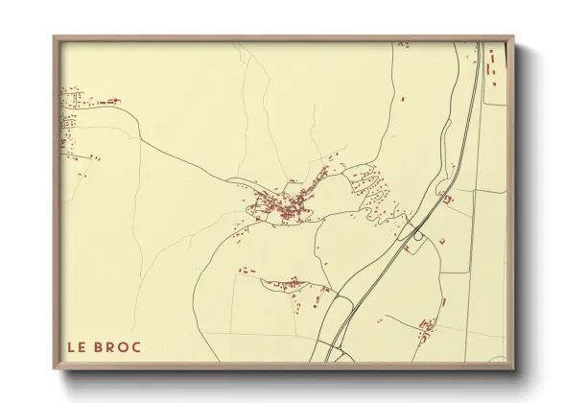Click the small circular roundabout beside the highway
(419, 232)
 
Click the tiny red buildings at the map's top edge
(403, 44)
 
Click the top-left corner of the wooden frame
(54, 37)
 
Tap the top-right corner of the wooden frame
(513, 37)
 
